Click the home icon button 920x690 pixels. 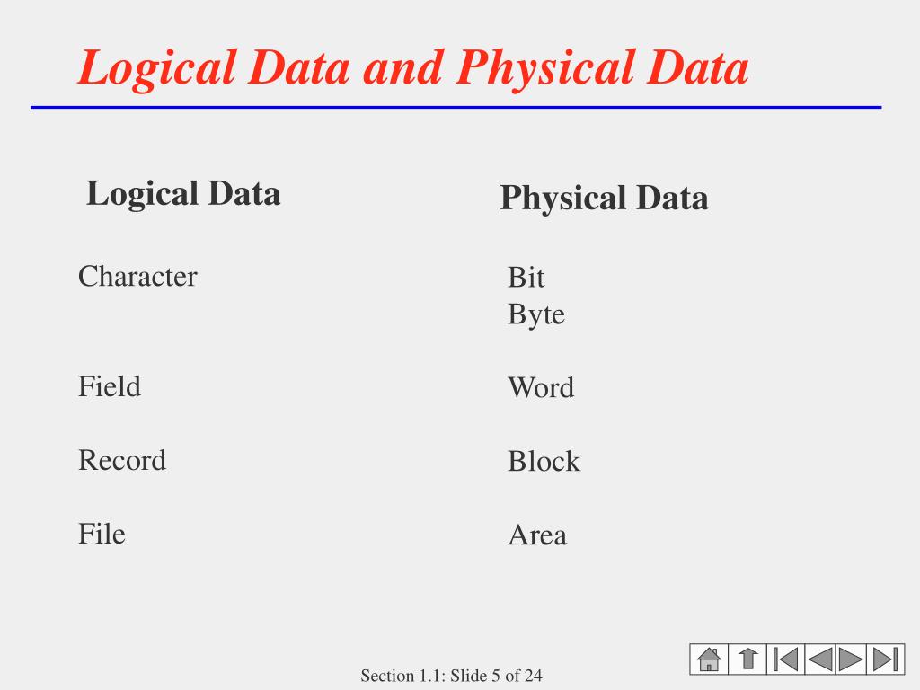click(x=708, y=659)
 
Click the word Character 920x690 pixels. click(x=137, y=276)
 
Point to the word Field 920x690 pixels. click(x=110, y=387)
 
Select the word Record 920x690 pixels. click(x=122, y=460)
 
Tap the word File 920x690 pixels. click(x=102, y=534)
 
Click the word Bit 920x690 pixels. click(x=526, y=278)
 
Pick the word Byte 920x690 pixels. click(x=536, y=315)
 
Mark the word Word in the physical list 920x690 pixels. click(x=541, y=388)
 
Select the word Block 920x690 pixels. click(x=544, y=462)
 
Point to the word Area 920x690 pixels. click(x=537, y=535)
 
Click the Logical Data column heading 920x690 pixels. click(x=183, y=193)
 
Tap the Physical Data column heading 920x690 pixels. click(x=604, y=198)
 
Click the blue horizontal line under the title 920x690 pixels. click(x=456, y=107)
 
